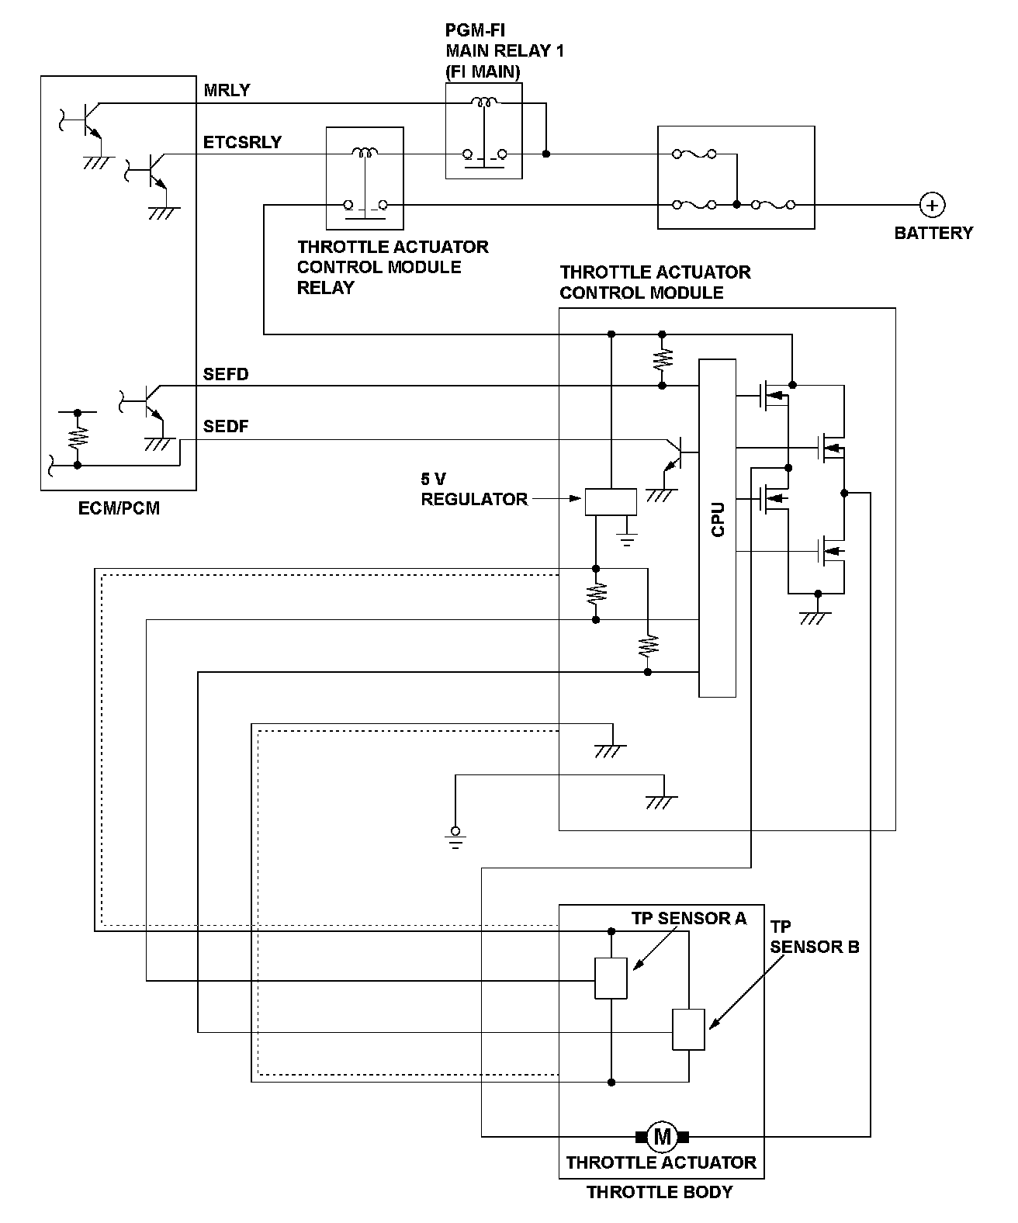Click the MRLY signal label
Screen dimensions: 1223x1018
[x=227, y=90]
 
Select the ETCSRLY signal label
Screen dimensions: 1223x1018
[x=242, y=143]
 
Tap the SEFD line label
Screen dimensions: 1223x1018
[x=226, y=375]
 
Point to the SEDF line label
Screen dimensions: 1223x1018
[x=226, y=427]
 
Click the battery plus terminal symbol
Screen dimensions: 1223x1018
[x=932, y=205]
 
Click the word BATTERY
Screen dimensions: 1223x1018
[x=933, y=233]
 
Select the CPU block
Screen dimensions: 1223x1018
[x=717, y=528]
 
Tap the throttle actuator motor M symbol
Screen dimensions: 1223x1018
[x=662, y=1137]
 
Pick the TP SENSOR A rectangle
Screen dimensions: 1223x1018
[x=611, y=978]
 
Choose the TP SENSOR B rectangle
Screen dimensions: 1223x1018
[x=688, y=1030]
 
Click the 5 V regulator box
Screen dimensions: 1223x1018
[x=610, y=502]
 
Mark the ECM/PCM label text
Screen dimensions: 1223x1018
[x=119, y=510]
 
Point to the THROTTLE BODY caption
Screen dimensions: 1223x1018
[x=660, y=1192]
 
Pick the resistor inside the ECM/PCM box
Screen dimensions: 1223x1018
[x=78, y=438]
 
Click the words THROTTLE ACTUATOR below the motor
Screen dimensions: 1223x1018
[x=661, y=1162]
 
